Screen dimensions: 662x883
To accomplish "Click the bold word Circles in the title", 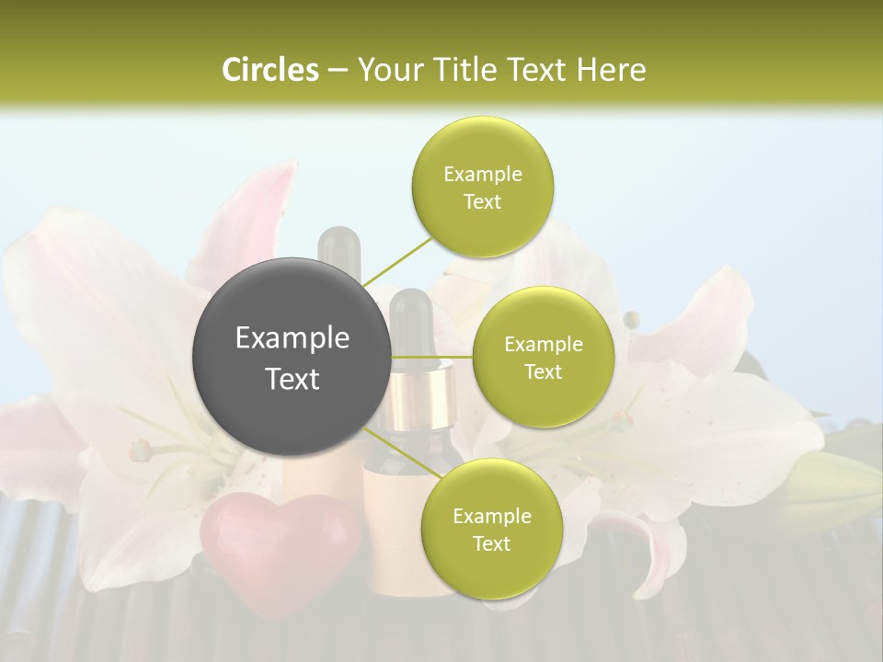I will click(x=269, y=70).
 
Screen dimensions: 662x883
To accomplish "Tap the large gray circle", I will click(x=292, y=357).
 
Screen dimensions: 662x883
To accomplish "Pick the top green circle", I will click(x=482, y=187).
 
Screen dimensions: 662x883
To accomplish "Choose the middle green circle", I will click(x=543, y=357).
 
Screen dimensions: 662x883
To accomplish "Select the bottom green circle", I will click(x=491, y=529).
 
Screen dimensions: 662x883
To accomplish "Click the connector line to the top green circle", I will click(x=397, y=259).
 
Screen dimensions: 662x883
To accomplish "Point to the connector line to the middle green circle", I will click(x=432, y=357).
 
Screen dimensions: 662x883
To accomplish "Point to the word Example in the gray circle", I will click(x=292, y=338).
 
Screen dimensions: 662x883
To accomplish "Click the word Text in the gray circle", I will click(x=292, y=378).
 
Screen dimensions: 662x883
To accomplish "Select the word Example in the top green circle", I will click(x=482, y=175).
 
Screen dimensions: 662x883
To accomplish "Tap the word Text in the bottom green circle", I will click(x=491, y=543).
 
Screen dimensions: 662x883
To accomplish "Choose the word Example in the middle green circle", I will click(x=543, y=345).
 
